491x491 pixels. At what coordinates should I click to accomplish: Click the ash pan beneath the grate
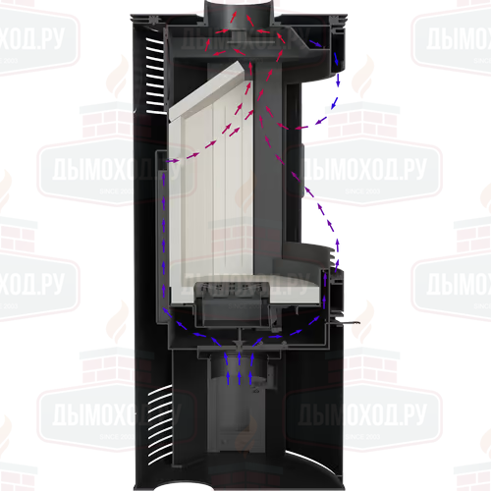[x=232, y=311]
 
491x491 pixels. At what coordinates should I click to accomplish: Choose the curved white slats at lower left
[x=160, y=425]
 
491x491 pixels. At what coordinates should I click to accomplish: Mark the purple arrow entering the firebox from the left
[x=172, y=161]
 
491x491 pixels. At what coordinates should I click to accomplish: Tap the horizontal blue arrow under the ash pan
[x=276, y=336]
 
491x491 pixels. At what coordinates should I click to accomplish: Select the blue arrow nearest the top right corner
[x=316, y=43]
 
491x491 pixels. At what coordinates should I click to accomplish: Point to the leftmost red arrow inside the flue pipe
[x=233, y=17]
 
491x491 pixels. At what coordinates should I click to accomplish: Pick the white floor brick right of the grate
[x=295, y=289]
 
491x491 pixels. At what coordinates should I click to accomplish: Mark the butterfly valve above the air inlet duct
[x=240, y=345]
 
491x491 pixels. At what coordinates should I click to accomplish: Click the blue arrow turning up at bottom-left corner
[x=168, y=313]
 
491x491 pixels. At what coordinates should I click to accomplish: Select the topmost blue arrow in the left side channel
[x=164, y=179]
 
